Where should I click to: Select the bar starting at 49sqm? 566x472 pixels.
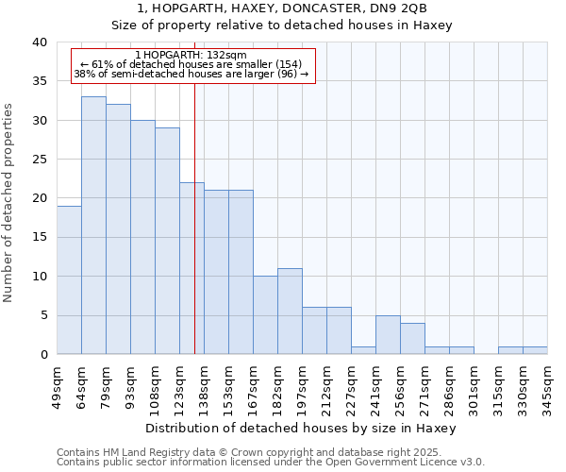click(x=69, y=279)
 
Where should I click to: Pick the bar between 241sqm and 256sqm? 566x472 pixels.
click(x=388, y=334)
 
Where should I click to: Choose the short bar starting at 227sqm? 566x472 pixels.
click(x=363, y=350)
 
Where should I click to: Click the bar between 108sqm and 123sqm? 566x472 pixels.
click(x=167, y=241)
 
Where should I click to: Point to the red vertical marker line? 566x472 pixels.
click(x=194, y=236)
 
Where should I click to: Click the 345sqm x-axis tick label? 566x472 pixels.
click(x=549, y=388)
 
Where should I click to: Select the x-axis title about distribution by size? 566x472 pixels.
click(x=302, y=428)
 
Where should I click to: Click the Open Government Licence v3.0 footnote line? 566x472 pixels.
click(x=271, y=463)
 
